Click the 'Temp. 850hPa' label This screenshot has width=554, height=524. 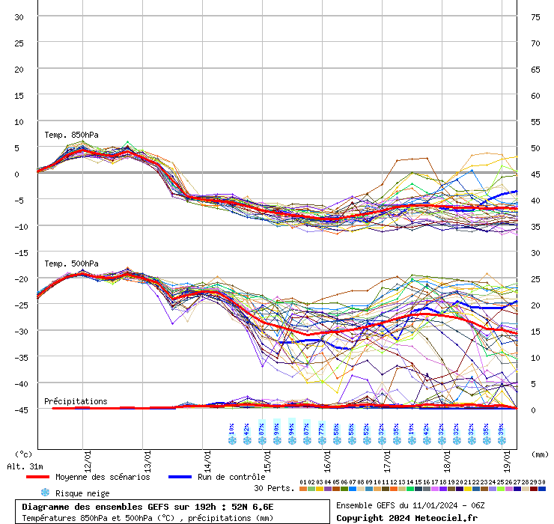click(x=66, y=135)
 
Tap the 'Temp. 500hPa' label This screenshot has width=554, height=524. click(x=66, y=263)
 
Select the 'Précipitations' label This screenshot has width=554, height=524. click(x=76, y=401)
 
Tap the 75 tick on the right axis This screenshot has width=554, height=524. click(x=535, y=16)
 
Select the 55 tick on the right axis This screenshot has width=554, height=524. click(x=535, y=121)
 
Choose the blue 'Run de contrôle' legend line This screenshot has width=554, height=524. click(x=180, y=477)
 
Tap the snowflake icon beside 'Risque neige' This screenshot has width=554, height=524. click(x=45, y=493)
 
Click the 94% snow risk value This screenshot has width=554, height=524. click(x=292, y=429)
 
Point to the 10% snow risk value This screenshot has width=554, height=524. click(x=232, y=429)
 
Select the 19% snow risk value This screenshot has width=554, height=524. click(x=412, y=429)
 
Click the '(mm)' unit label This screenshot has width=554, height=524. click(x=541, y=454)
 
